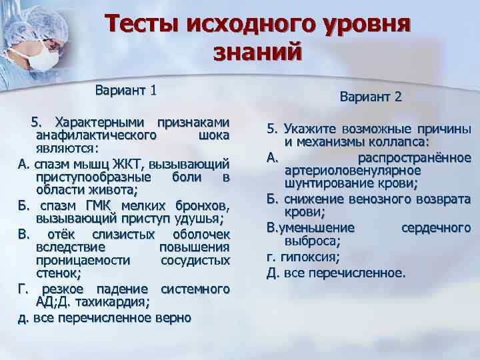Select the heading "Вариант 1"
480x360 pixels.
pos(125,89)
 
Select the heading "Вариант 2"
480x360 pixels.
pos(371,97)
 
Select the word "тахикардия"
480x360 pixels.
pos(116,303)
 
